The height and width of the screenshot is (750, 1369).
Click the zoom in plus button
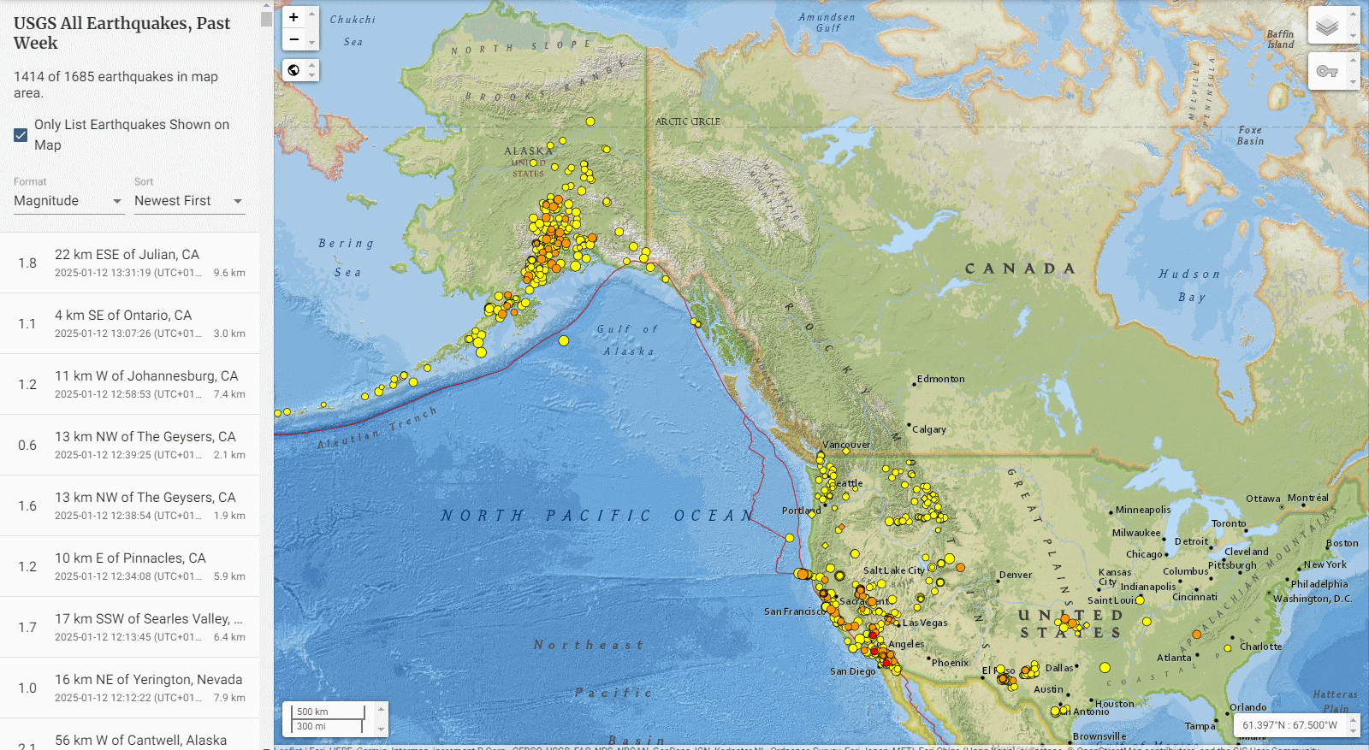point(293,17)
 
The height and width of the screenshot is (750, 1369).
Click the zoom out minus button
point(293,39)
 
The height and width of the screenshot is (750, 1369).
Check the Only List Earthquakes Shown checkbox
point(21,135)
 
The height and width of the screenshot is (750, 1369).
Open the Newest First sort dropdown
point(189,201)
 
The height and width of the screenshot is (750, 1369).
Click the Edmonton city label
point(940,379)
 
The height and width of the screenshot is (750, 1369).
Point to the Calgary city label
point(929,429)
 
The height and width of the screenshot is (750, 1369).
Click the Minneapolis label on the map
point(1143,510)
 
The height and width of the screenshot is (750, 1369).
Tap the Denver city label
point(1016,575)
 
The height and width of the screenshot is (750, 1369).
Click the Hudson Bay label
point(1189,286)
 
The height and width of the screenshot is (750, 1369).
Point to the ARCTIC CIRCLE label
point(688,121)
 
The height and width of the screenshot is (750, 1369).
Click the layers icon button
point(1327,26)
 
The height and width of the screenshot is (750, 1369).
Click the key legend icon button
point(1327,71)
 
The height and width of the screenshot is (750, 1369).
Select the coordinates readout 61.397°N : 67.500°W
point(1289,725)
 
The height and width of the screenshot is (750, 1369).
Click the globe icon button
point(293,70)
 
